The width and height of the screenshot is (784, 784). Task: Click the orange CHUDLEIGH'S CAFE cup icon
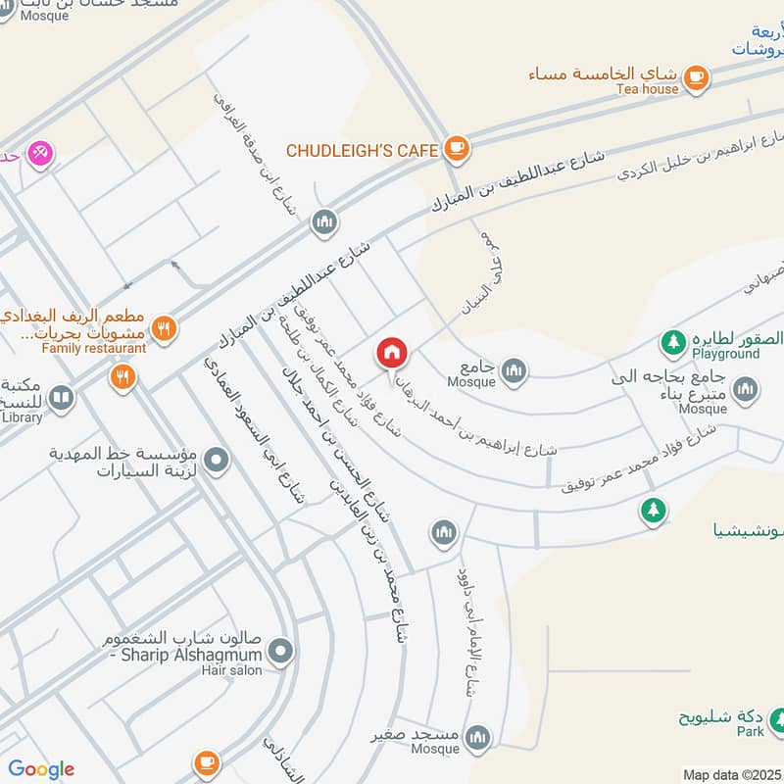click(x=456, y=149)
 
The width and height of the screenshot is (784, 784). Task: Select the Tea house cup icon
click(x=697, y=74)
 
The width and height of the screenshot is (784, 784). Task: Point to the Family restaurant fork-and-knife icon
click(x=165, y=328)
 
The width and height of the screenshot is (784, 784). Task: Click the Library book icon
click(x=61, y=398)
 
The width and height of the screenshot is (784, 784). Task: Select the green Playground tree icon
click(x=672, y=341)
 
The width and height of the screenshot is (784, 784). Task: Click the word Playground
click(x=725, y=354)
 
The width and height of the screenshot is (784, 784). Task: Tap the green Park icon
click(x=777, y=721)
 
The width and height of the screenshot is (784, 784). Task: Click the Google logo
click(x=40, y=769)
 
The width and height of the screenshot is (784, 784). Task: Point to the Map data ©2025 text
click(x=731, y=774)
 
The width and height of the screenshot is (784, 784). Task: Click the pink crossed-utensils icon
click(x=40, y=153)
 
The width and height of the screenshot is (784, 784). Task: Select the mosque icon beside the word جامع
click(x=514, y=370)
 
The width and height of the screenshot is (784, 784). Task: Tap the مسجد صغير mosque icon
click(x=478, y=737)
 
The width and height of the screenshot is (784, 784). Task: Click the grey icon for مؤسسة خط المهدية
click(x=218, y=458)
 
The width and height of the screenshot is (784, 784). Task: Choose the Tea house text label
click(x=647, y=89)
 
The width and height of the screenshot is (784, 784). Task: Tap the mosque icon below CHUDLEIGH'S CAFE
click(x=324, y=223)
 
